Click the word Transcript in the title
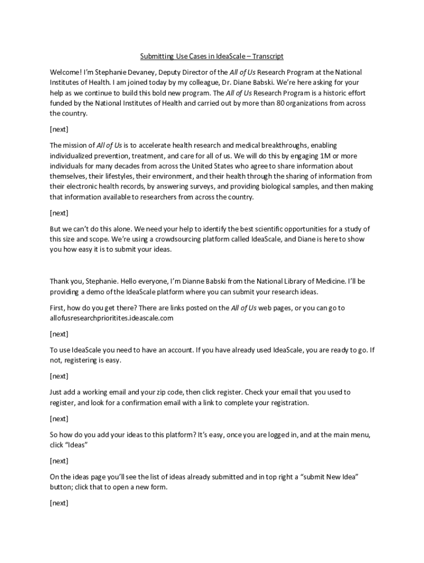point(266,56)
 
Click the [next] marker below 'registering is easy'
point(59,376)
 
